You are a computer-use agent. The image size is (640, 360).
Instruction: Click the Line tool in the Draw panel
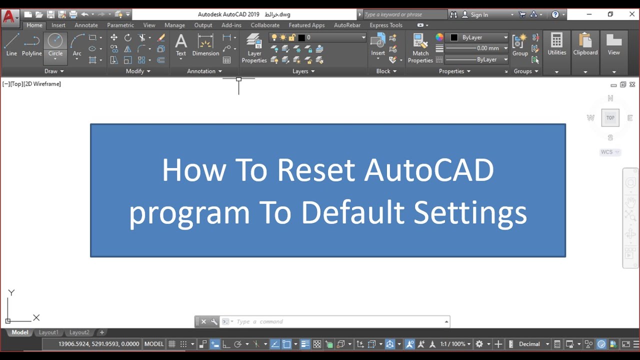point(11,45)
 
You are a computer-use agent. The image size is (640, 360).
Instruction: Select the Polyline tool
point(31,45)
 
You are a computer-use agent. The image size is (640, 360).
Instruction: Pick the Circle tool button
point(55,44)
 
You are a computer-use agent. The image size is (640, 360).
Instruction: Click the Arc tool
point(77,45)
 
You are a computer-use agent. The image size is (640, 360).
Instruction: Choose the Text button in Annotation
point(181,45)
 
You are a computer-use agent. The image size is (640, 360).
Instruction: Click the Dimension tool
point(205,45)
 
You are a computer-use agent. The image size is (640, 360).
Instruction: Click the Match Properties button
point(420,48)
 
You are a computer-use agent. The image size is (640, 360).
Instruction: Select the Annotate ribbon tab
point(86,25)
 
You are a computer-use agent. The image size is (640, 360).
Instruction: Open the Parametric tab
point(120,25)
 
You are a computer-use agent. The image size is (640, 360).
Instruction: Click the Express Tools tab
point(386,25)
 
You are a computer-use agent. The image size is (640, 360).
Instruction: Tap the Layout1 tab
point(48,332)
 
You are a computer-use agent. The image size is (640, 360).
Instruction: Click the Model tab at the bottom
point(20,332)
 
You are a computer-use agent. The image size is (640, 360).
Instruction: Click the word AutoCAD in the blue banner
point(429,170)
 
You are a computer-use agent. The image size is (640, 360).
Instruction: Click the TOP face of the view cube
point(610,118)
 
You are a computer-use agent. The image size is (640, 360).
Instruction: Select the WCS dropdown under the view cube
point(610,152)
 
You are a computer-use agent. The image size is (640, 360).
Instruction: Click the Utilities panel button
point(556,45)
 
